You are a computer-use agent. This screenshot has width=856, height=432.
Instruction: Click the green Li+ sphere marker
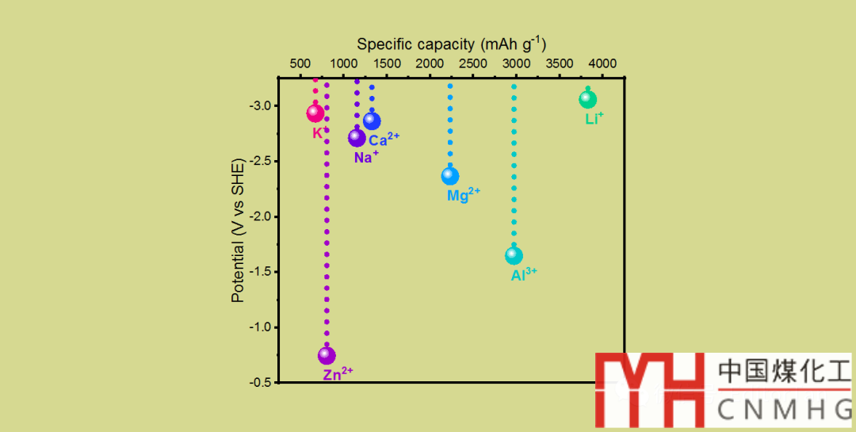click(x=587, y=99)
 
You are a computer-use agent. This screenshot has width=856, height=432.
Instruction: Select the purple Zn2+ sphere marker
click(x=327, y=356)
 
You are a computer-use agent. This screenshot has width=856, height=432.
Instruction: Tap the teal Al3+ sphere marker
click(x=514, y=255)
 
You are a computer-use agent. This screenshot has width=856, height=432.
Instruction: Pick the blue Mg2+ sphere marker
click(x=450, y=176)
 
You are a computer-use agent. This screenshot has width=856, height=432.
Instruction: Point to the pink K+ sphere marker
click(x=315, y=113)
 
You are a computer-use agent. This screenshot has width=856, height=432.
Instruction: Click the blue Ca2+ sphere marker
click(x=372, y=121)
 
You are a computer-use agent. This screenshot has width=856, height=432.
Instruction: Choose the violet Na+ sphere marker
click(x=357, y=138)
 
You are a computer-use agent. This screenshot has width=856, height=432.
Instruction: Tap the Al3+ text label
click(x=524, y=275)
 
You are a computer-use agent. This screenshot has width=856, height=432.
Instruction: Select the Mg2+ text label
click(x=464, y=195)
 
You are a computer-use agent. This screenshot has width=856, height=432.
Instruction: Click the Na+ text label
click(x=366, y=157)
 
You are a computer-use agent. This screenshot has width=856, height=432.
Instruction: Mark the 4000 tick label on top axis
click(x=602, y=63)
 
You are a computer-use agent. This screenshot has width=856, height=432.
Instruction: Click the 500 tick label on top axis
click(x=300, y=63)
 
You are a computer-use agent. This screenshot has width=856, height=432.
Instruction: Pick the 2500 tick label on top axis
click(x=472, y=63)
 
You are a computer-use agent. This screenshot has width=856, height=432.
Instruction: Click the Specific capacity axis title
click(x=451, y=44)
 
